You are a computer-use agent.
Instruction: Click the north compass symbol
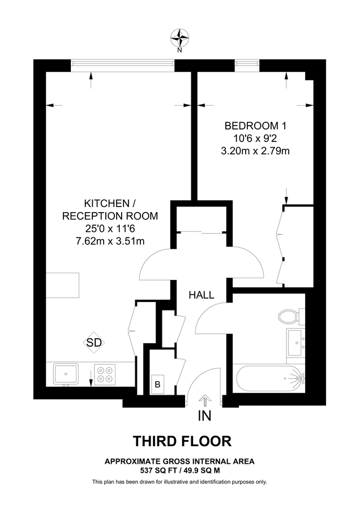click(x=180, y=38)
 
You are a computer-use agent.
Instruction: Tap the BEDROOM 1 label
click(x=251, y=126)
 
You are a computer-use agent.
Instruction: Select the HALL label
click(x=201, y=295)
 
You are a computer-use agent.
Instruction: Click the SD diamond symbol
click(x=94, y=343)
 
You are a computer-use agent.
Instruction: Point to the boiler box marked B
click(x=157, y=384)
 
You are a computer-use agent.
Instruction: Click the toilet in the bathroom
click(x=292, y=316)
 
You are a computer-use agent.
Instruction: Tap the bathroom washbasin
click(x=295, y=342)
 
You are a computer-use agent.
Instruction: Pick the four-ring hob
click(x=105, y=374)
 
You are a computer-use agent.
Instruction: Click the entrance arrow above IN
click(x=204, y=400)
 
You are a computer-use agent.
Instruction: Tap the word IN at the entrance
click(x=204, y=417)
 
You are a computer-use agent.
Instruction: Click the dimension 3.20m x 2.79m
click(x=251, y=151)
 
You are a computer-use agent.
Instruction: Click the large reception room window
click(x=122, y=64)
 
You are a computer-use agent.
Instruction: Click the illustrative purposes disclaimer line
click(x=179, y=482)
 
